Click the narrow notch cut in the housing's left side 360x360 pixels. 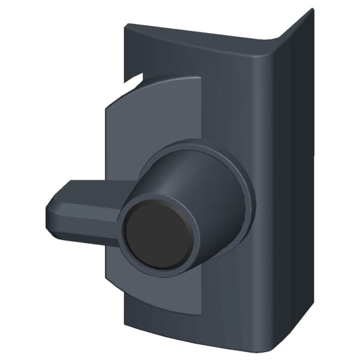[x=133, y=77]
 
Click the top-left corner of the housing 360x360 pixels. [x=126, y=25]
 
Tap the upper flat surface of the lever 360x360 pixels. [x=90, y=191]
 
